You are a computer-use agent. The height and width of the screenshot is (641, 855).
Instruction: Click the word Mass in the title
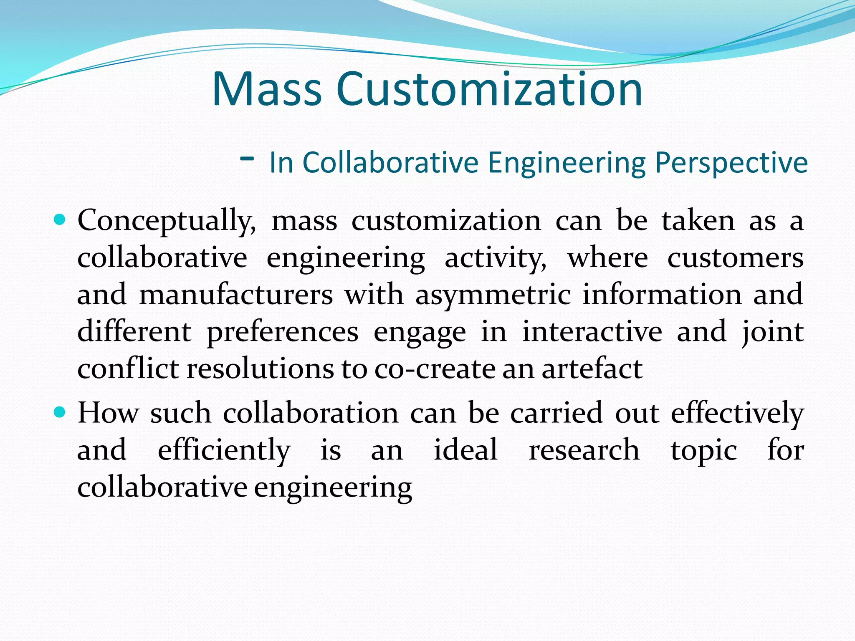click(x=267, y=89)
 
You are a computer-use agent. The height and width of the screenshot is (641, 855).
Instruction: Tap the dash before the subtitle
click(x=248, y=158)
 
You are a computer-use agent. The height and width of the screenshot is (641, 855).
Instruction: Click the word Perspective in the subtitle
click(x=731, y=163)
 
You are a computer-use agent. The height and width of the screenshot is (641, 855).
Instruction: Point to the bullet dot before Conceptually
click(x=60, y=220)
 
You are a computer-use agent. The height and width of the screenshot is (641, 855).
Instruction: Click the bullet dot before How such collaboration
click(x=60, y=412)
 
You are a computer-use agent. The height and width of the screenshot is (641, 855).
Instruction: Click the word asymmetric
click(x=493, y=295)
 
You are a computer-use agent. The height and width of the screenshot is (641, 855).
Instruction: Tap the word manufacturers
click(x=236, y=295)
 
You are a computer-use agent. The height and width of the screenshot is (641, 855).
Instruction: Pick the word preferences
click(x=282, y=332)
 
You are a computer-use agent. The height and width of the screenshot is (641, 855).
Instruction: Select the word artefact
click(x=592, y=369)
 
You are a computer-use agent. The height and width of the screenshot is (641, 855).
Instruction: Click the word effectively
click(x=737, y=413)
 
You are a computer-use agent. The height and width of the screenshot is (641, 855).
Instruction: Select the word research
click(x=584, y=450)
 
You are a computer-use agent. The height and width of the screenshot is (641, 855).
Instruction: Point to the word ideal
click(x=465, y=450)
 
